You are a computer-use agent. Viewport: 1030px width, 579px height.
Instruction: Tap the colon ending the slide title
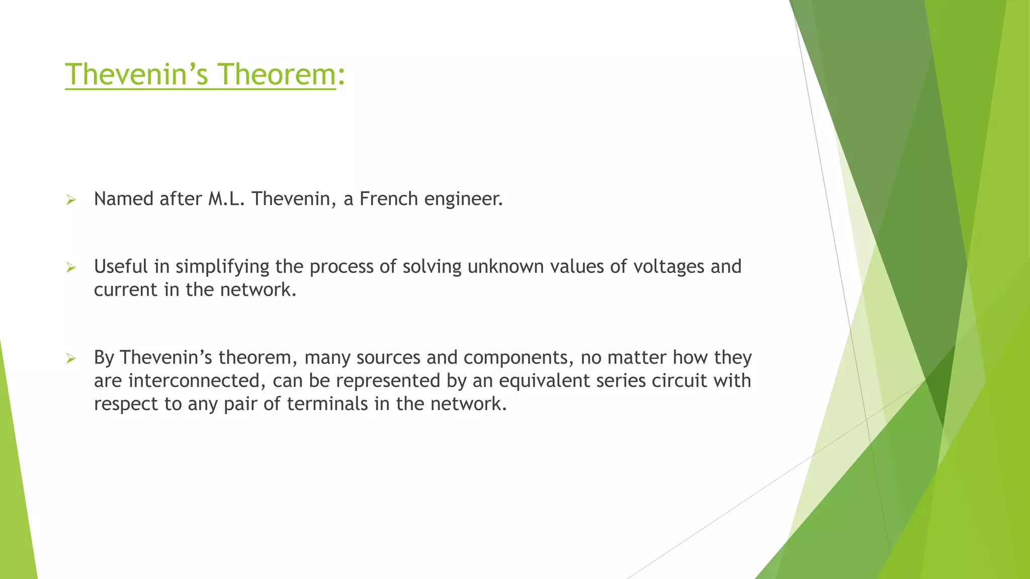[341, 75]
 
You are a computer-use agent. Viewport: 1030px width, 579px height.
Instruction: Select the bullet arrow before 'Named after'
[71, 201]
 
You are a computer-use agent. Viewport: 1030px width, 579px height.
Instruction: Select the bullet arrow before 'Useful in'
[71, 268]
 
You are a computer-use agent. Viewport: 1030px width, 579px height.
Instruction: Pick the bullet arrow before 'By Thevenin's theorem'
[71, 359]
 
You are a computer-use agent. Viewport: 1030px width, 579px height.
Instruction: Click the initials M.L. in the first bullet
[226, 199]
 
